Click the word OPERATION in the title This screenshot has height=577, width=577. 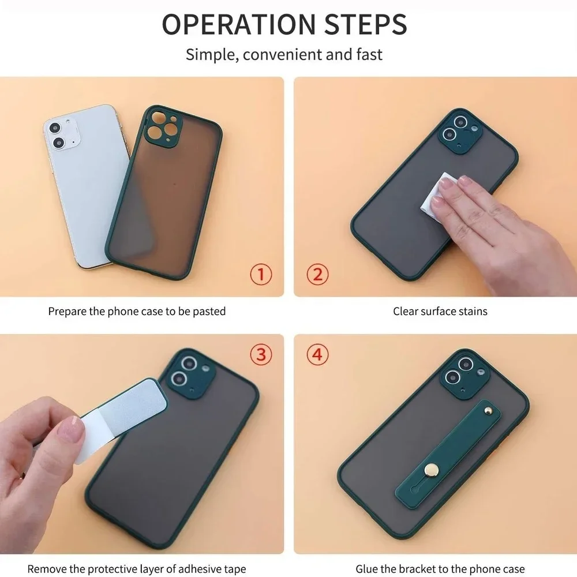239,24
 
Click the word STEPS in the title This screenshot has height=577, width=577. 366,24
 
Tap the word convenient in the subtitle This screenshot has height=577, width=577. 282,54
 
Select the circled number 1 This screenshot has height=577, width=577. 261,274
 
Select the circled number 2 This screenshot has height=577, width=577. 317,274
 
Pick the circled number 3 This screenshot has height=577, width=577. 261,354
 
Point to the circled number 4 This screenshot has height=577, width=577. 317,354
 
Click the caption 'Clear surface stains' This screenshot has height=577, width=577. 440,312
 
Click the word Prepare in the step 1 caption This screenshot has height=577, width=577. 68,312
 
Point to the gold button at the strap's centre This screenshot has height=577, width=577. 431,469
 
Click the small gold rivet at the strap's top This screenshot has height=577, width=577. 488,409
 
